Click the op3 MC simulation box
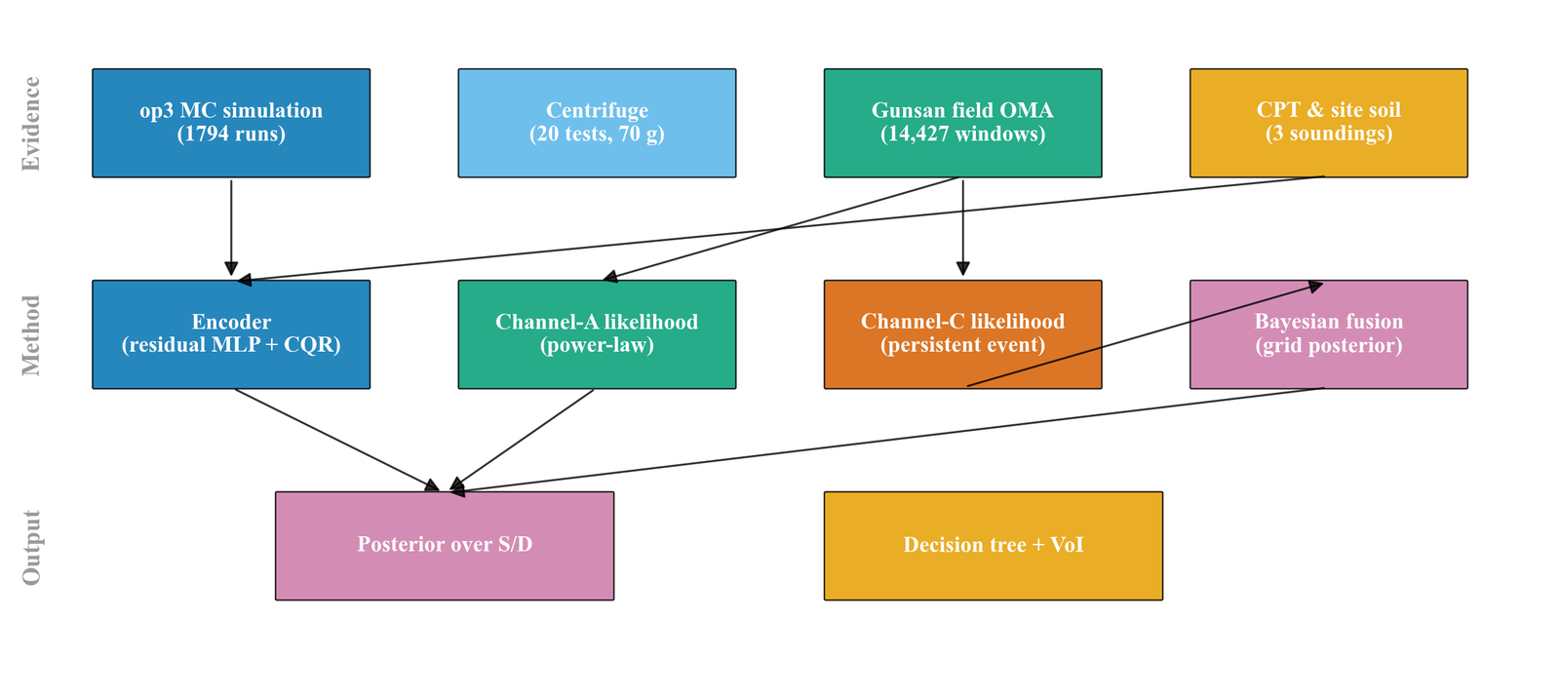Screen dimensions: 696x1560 231,123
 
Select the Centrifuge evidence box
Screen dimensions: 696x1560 597,123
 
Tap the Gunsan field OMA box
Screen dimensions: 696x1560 962,123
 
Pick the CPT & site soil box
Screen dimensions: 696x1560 1328,123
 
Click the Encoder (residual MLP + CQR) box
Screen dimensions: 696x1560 231,334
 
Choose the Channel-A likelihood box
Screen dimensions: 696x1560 597,334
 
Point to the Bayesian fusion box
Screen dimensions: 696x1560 1328,334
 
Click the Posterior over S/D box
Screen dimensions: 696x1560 445,545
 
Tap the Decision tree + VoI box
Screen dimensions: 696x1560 993,545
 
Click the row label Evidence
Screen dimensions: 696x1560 31,124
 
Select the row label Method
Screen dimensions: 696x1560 31,335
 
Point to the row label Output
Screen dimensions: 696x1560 31,547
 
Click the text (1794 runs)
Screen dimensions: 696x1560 231,135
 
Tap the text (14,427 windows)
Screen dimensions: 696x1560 962,135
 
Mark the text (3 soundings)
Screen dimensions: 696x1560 1328,135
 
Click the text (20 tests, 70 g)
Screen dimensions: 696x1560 597,135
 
